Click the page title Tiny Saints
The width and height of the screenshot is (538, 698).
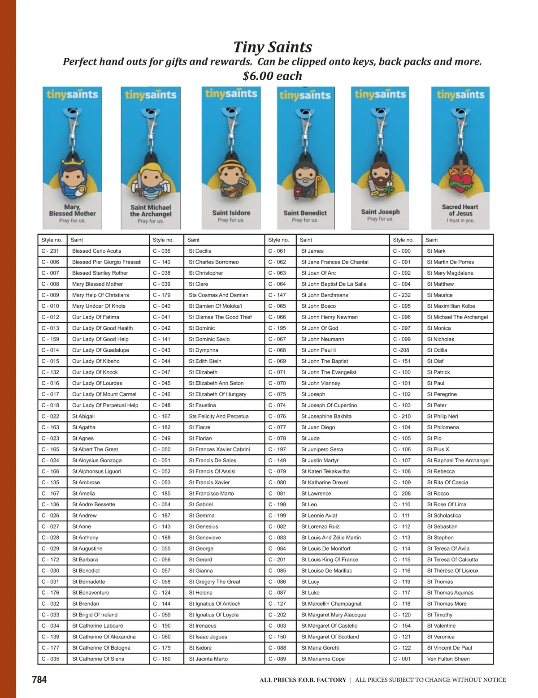click(273, 47)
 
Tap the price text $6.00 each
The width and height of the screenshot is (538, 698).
click(273, 76)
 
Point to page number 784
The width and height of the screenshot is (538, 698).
click(39, 680)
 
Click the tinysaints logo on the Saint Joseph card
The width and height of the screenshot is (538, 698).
click(380, 95)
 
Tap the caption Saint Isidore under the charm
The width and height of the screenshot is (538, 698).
click(231, 213)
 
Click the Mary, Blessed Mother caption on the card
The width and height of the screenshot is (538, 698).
click(72, 210)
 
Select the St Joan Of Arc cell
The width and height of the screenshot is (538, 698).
click(318, 273)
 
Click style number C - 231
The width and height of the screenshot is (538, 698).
click(50, 251)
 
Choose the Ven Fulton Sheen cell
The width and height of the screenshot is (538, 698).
click(448, 659)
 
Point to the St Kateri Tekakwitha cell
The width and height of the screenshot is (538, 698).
click(325, 471)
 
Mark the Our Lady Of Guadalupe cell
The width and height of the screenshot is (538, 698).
click(100, 350)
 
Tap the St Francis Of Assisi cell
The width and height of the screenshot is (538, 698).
click(212, 471)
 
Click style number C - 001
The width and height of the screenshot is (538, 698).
click(402, 659)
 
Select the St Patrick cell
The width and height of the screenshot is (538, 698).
click(438, 372)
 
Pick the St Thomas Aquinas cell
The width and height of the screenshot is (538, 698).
click(450, 593)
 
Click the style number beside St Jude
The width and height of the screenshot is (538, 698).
click(277, 438)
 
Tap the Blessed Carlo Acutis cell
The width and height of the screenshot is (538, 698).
click(97, 251)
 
